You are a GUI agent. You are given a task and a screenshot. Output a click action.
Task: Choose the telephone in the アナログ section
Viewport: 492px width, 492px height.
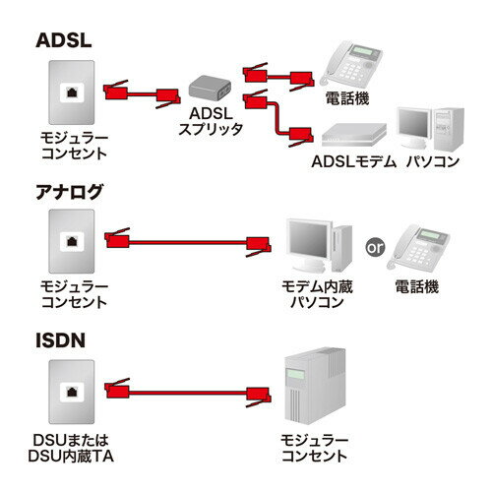tap(424, 250)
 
